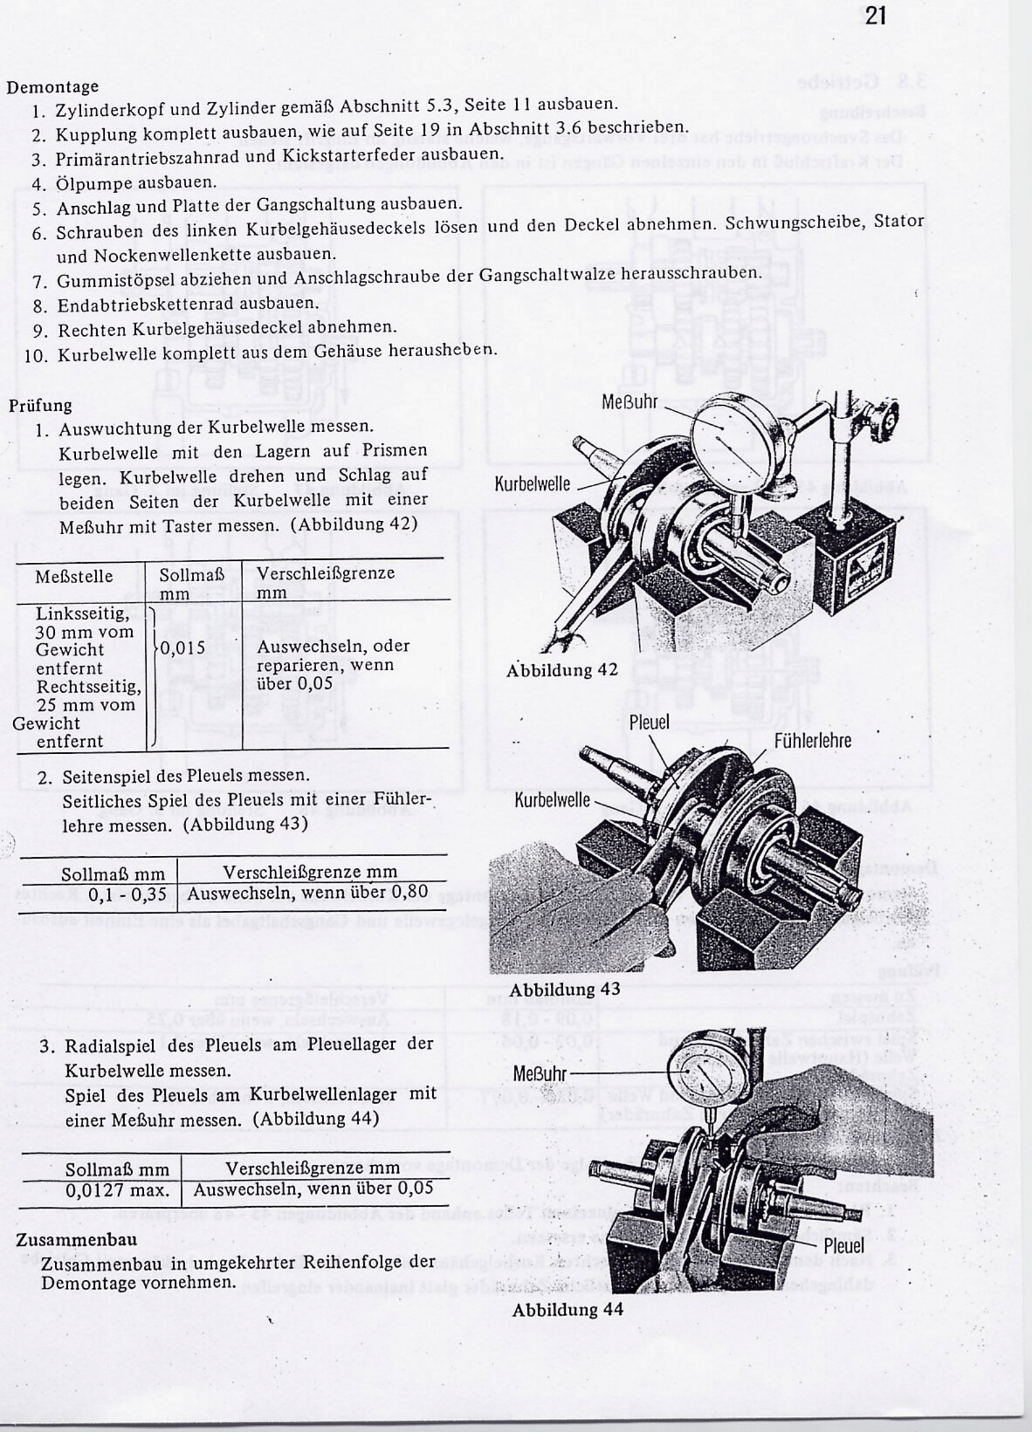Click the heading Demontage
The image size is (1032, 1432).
point(52,86)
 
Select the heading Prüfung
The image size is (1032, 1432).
point(40,405)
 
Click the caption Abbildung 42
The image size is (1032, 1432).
point(562,671)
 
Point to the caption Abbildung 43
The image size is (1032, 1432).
point(564,990)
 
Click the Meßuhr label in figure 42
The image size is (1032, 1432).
point(629,401)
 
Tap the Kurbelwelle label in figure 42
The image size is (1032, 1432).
point(532,485)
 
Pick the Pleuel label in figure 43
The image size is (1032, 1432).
point(649,722)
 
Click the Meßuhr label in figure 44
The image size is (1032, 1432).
point(540,1074)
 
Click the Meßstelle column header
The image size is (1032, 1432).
point(74,577)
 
